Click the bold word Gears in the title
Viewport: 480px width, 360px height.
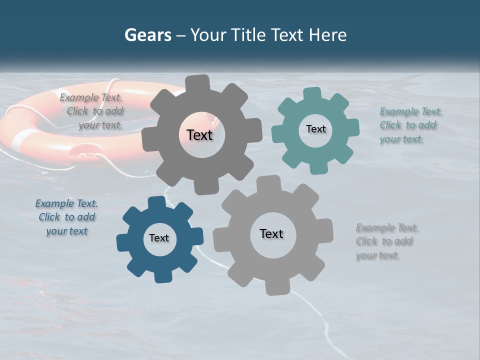(x=147, y=35)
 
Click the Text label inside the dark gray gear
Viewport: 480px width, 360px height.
(x=199, y=135)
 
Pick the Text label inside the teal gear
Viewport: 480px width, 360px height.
(x=315, y=129)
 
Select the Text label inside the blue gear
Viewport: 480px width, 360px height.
(x=159, y=238)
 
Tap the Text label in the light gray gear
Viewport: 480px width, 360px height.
(x=271, y=234)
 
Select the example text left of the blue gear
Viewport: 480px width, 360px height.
(x=66, y=217)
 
